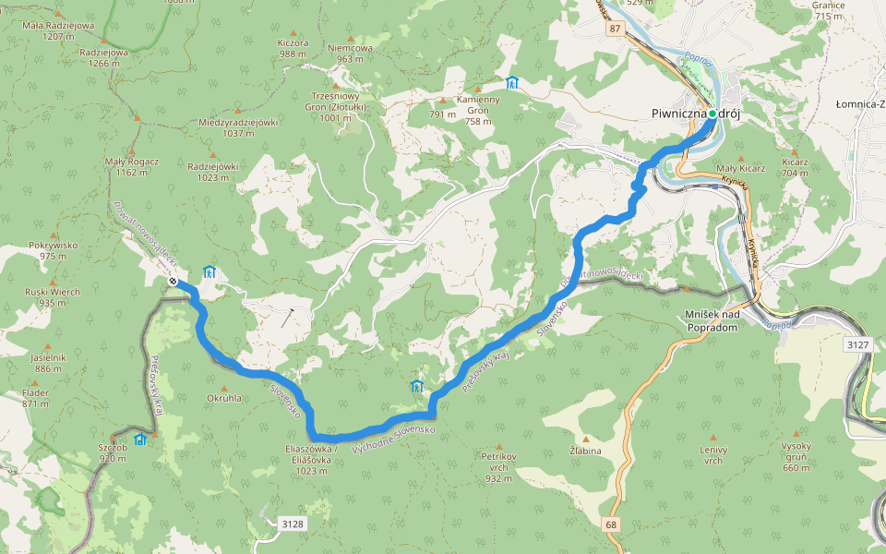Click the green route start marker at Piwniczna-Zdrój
pos(712,114)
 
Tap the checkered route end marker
pos(173,281)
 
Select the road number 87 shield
pos(615,30)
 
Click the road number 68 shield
pos(612,524)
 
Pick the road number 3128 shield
pos(292,524)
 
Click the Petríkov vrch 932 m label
pos(498,466)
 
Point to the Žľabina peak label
pos(585,451)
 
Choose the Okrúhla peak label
pos(224,399)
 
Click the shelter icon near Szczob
pos(140,440)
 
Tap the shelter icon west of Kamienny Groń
pos(512,82)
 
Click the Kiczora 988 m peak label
pos(293,48)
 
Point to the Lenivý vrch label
pos(712,454)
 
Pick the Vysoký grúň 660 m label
pos(796,462)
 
